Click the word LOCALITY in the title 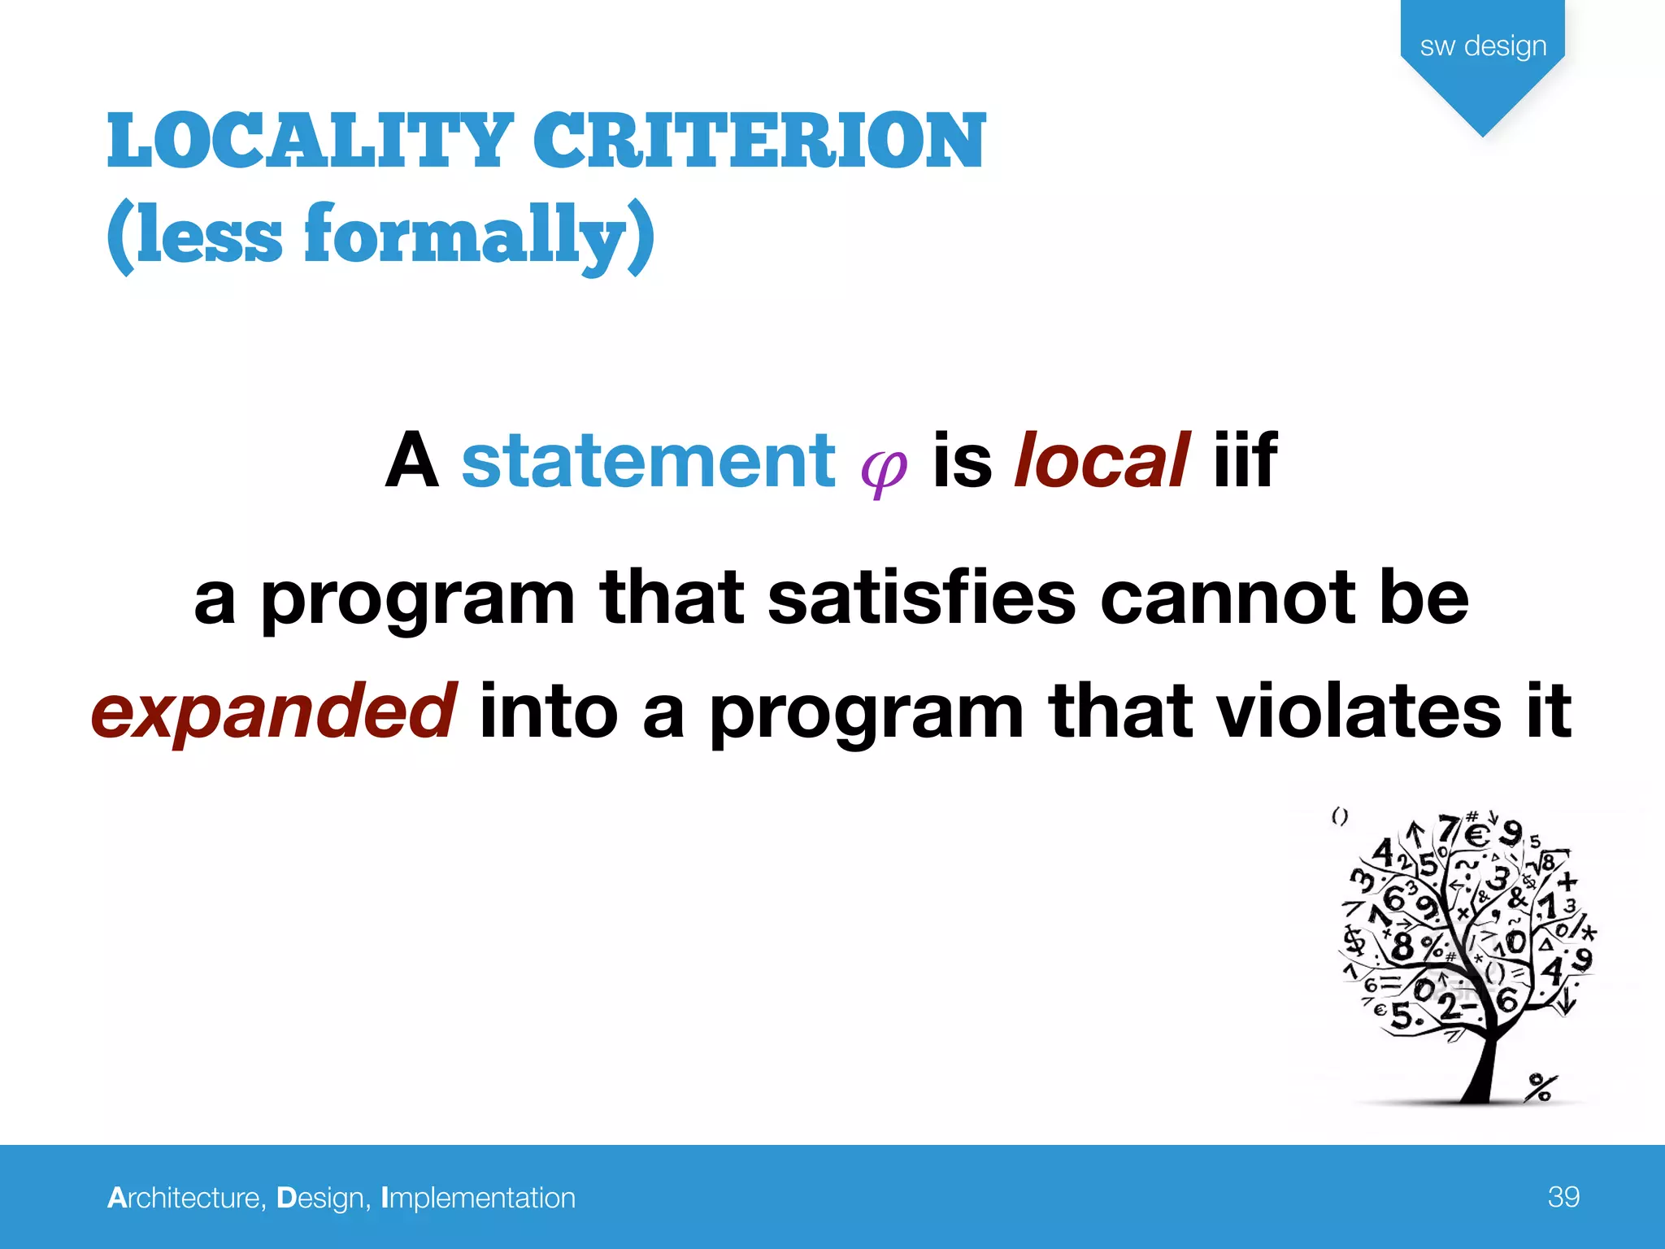pos(310,141)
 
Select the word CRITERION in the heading pos(759,141)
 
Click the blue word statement pos(649,461)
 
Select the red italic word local pos(1102,461)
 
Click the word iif pos(1245,461)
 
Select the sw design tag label pos(1483,46)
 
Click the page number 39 pos(1563,1197)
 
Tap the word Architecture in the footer pos(186,1198)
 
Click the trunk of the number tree pos(1486,1065)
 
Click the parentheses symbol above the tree pos(1340,816)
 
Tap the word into pos(549,711)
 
